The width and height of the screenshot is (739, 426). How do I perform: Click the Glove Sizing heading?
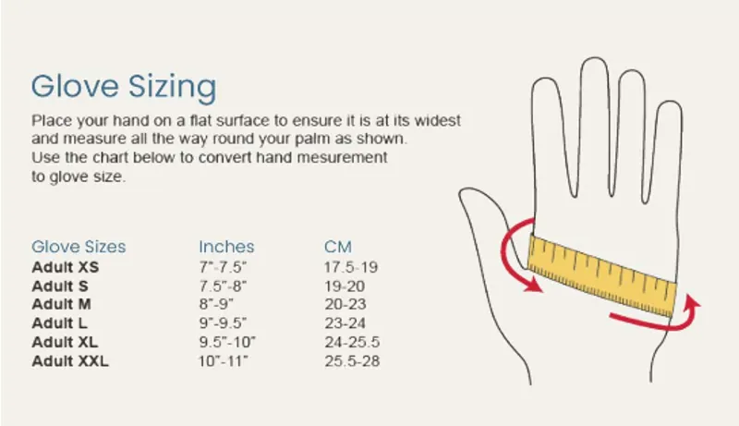[124, 87]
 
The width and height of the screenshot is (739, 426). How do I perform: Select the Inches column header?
[226, 247]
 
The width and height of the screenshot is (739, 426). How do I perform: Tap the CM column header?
[339, 247]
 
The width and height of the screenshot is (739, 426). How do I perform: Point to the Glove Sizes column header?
[79, 247]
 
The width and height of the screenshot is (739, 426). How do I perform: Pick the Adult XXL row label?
[70, 360]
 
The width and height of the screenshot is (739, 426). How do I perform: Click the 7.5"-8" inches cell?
[222, 286]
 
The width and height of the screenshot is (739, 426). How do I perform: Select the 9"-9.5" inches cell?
[224, 323]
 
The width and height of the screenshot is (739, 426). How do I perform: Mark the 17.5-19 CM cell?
[351, 267]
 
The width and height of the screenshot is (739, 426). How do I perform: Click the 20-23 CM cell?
[346, 304]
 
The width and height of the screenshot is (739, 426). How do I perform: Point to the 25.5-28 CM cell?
[351, 360]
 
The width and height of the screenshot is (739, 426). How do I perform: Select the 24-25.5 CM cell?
[351, 342]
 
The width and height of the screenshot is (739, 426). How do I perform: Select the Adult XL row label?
[66, 342]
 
